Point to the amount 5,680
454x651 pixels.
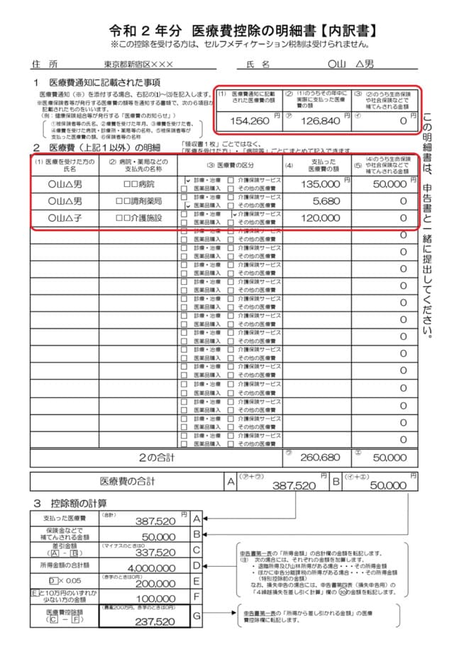click(326, 201)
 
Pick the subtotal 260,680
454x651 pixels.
click(320, 458)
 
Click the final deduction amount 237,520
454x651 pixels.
click(155, 622)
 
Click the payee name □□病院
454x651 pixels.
click(138, 184)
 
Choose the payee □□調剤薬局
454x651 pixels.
click(138, 201)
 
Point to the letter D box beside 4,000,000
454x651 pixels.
click(197, 565)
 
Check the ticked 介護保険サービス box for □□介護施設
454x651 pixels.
click(233, 214)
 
